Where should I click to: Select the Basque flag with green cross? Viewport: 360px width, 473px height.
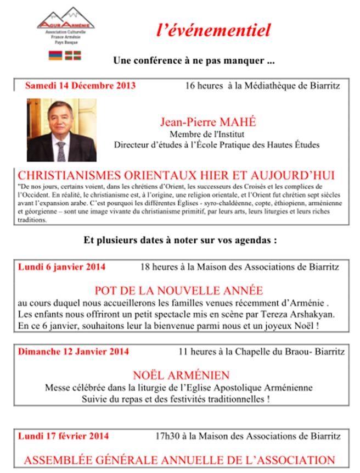(70, 55)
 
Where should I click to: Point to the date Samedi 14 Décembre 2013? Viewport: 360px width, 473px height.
(80, 86)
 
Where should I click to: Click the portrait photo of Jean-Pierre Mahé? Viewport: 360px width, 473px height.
(61, 130)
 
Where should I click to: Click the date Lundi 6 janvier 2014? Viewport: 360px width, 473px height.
(62, 267)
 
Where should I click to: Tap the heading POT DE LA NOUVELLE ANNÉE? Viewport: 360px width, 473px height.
(179, 290)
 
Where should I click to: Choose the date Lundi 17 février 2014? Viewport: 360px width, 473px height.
(63, 436)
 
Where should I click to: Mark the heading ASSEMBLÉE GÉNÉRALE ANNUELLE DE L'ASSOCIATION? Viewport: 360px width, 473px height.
(179, 460)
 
